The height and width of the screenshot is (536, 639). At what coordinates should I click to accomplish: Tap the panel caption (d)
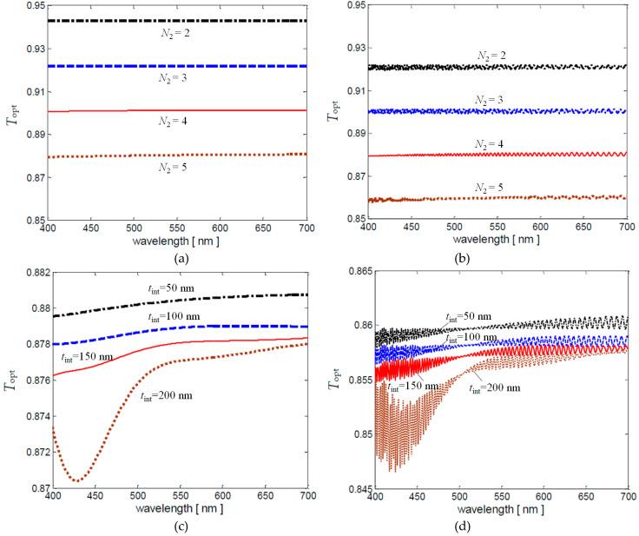pos(495,524)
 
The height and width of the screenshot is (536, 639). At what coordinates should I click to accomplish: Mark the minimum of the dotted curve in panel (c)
pos(76,480)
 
